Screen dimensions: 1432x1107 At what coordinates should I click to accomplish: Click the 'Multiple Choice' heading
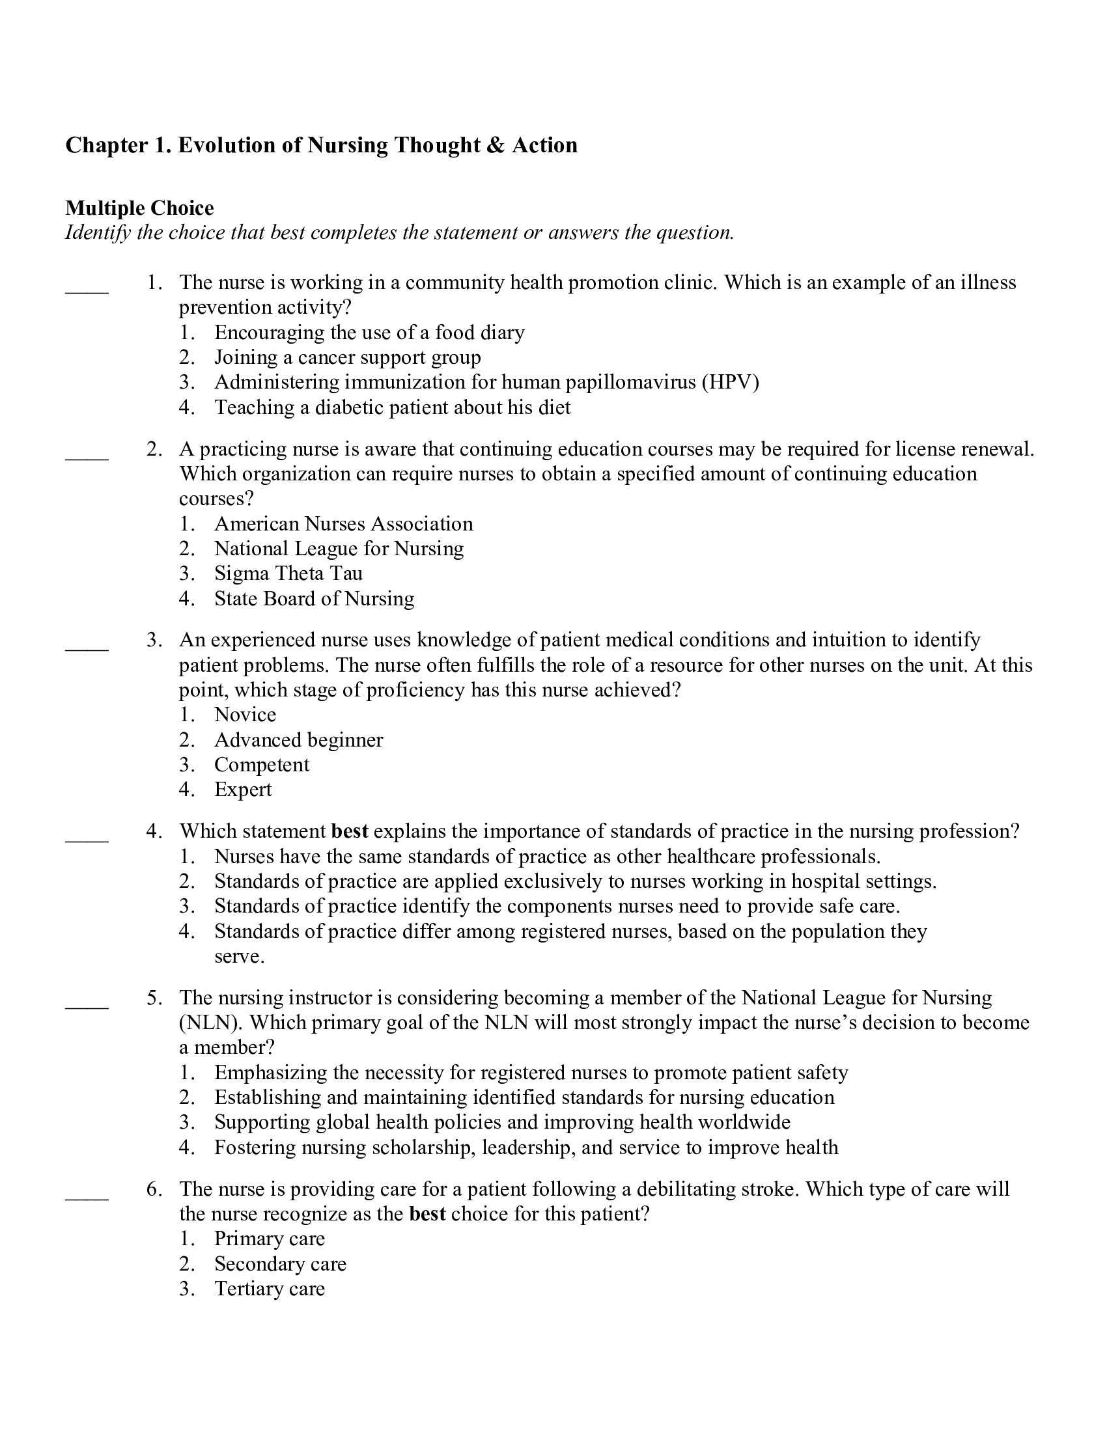pyautogui.click(x=140, y=208)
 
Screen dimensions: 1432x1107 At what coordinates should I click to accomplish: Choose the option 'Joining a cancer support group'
pyautogui.click(x=348, y=357)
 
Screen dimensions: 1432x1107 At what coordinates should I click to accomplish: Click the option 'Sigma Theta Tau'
pyautogui.click(x=288, y=573)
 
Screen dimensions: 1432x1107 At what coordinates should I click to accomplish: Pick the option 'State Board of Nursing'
pyautogui.click(x=314, y=599)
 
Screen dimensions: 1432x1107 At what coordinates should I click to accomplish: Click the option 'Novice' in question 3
pyautogui.click(x=245, y=715)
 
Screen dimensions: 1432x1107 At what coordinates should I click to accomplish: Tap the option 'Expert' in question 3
pyautogui.click(x=243, y=790)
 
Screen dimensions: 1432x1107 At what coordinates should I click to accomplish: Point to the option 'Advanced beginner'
pyautogui.click(x=298, y=740)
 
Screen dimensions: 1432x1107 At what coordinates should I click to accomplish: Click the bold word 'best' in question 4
pyautogui.click(x=350, y=831)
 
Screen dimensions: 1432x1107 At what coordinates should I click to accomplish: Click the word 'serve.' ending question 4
pyautogui.click(x=240, y=957)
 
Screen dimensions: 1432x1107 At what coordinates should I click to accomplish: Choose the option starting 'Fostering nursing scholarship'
pyautogui.click(x=526, y=1148)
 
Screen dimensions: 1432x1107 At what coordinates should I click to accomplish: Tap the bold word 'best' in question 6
pyautogui.click(x=427, y=1215)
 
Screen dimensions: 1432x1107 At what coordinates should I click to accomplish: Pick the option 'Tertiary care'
pyautogui.click(x=270, y=1289)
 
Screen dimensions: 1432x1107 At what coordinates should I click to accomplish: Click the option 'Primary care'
pyautogui.click(x=270, y=1239)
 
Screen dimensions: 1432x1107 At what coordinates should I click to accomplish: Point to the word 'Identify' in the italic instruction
pyautogui.click(x=98, y=233)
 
